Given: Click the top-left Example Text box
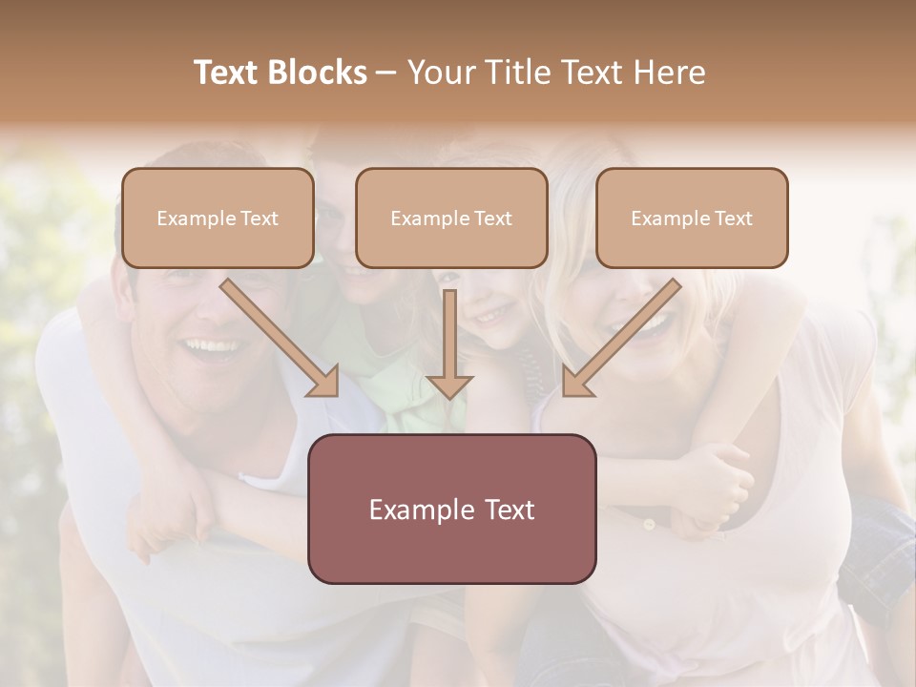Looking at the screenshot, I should (x=218, y=218).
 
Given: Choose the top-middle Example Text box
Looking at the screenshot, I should (x=451, y=218).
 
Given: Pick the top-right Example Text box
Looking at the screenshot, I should (x=692, y=218).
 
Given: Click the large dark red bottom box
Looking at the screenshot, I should (x=451, y=509).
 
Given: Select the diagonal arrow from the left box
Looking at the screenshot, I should (x=281, y=339).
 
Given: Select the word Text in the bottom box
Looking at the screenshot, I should (x=506, y=510).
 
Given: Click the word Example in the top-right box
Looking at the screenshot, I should (x=667, y=219).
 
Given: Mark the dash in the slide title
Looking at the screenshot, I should (x=386, y=73).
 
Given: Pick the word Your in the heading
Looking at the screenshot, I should (x=438, y=73).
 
